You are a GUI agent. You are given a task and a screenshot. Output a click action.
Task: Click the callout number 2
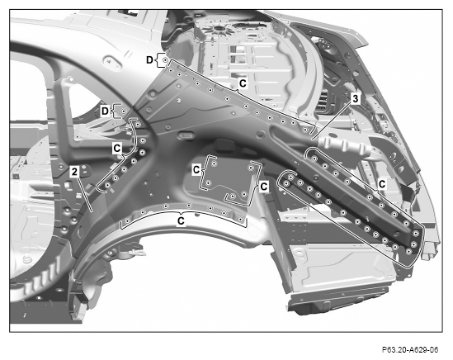point(74,172)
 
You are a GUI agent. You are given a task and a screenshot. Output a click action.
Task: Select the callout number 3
point(355,98)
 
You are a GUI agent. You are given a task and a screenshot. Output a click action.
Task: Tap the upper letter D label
point(149,59)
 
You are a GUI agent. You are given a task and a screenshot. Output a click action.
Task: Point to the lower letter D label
point(105,111)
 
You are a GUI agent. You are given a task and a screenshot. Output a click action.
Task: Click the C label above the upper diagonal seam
point(243,83)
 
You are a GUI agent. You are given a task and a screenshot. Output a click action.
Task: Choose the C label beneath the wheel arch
point(181,221)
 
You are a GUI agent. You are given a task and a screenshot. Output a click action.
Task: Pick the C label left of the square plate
point(196,169)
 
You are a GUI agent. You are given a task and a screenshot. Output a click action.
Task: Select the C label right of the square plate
point(264,187)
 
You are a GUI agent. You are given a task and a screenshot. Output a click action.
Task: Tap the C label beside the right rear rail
point(382,184)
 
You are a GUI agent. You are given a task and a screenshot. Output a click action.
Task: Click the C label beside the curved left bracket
point(117,148)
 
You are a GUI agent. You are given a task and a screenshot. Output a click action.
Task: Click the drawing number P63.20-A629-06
point(410,350)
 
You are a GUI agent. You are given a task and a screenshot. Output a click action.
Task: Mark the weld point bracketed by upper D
point(165,60)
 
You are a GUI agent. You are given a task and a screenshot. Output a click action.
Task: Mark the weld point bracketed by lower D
point(124,111)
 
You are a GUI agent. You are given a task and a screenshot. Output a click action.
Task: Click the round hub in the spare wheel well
point(218,28)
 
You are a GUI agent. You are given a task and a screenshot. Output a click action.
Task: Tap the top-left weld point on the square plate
point(214,163)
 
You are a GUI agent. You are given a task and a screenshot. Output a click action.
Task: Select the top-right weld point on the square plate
point(251,168)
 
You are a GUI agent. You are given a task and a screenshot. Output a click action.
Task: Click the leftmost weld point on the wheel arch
point(127,221)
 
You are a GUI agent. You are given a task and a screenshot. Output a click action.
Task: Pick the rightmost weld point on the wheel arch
point(240,219)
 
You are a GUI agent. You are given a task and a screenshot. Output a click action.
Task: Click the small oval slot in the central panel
point(186,135)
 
